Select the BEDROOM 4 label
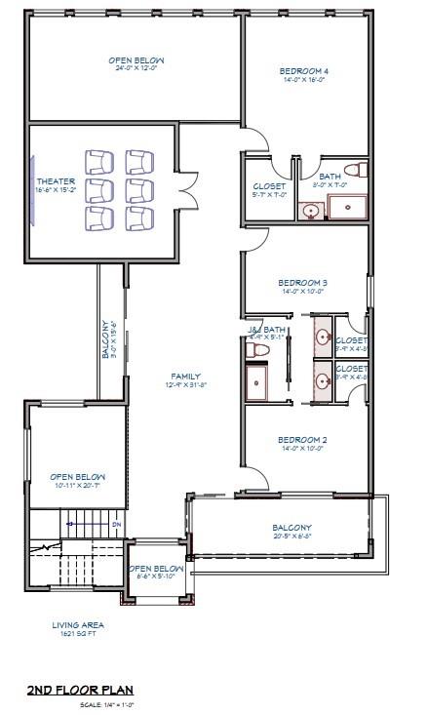304,71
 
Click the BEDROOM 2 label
303,440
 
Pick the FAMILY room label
185,376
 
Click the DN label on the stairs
116,524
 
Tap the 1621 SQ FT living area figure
78,634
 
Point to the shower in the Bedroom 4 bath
347,207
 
